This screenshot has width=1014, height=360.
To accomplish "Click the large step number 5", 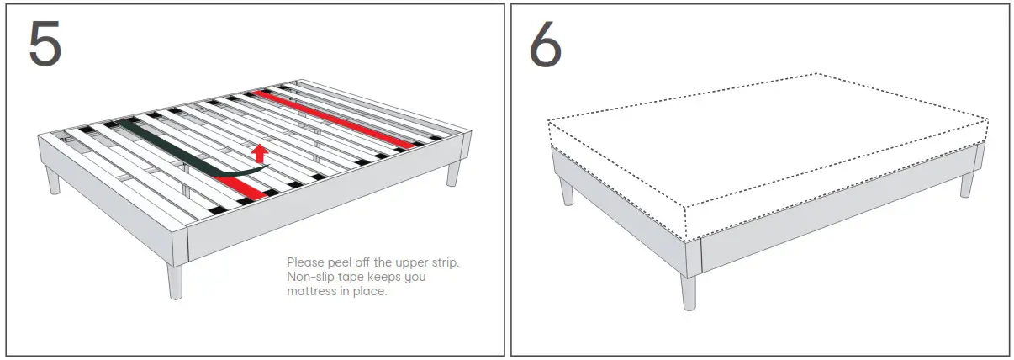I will [45, 44].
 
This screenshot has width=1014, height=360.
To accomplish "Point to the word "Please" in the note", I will [304, 263].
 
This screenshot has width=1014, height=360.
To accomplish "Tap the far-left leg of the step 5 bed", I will [54, 179].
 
